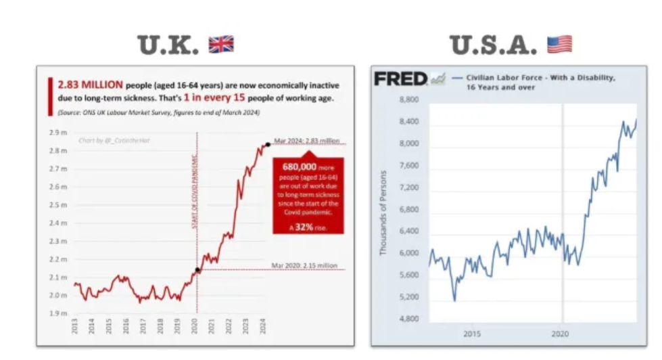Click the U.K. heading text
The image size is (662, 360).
pyautogui.click(x=168, y=45)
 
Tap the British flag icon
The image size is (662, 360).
pyautogui.click(x=221, y=45)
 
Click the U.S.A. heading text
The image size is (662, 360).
pyautogui.click(x=494, y=45)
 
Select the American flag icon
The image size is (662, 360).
pyautogui.click(x=559, y=45)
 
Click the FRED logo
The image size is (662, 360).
pyautogui.click(x=401, y=79)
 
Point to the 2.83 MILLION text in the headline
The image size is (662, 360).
pyautogui.click(x=90, y=85)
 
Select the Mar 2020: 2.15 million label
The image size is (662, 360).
pyautogui.click(x=304, y=265)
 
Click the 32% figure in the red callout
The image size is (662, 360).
pyautogui.click(x=303, y=227)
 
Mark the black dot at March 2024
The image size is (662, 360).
pyautogui.click(x=268, y=144)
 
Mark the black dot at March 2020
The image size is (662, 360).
pyautogui.click(x=197, y=270)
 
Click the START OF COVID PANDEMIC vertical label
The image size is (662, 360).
pyautogui.click(x=194, y=189)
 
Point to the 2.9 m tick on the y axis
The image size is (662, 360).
pyautogui.click(x=58, y=132)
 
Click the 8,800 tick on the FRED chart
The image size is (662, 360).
pyautogui.click(x=410, y=100)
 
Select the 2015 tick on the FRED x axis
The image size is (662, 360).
pyautogui.click(x=472, y=334)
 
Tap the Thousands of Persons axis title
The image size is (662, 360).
pyautogui.click(x=383, y=212)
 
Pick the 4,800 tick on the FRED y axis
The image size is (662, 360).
pyautogui.click(x=410, y=319)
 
